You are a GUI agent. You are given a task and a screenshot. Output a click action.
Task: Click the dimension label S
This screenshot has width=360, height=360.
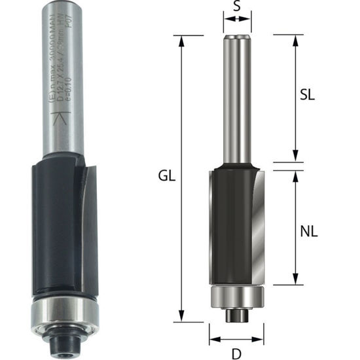(x=236, y=9)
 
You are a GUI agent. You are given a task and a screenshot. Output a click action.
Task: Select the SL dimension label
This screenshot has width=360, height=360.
(x=307, y=94)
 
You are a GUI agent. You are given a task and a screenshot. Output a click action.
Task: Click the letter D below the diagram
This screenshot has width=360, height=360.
(x=237, y=353)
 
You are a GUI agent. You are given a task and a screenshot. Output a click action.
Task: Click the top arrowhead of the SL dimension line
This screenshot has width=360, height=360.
(x=295, y=37)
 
